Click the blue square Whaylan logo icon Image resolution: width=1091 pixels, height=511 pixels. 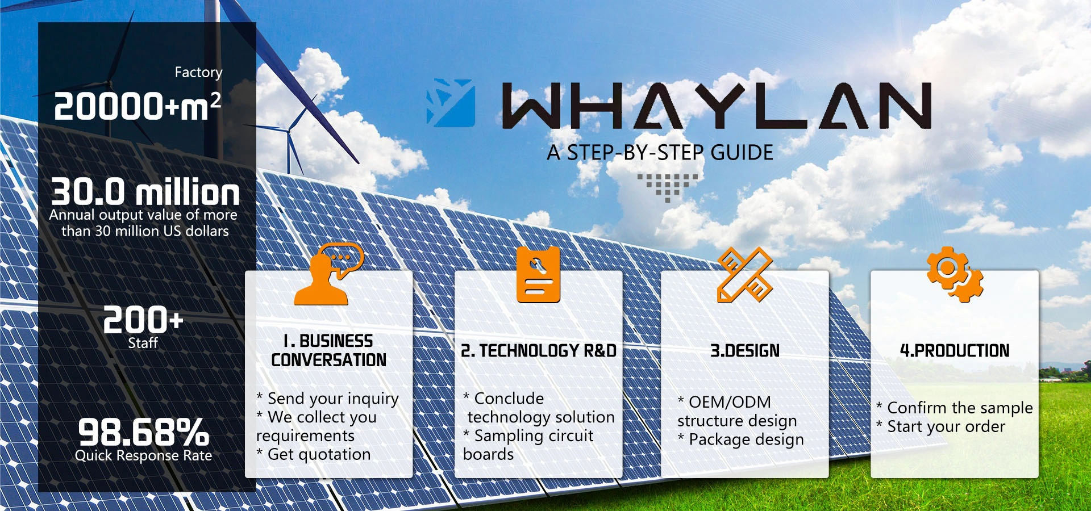[x=451, y=103]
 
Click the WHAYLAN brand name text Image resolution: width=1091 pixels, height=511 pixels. [x=716, y=106]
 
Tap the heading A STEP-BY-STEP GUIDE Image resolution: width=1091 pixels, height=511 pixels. [x=660, y=153]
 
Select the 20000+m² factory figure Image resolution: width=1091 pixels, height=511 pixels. [x=137, y=106]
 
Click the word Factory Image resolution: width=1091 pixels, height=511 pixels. [x=198, y=73]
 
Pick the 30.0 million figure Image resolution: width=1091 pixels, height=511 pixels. [x=145, y=192]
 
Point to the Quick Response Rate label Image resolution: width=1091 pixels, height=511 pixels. [x=143, y=455]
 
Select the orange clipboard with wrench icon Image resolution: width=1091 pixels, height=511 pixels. [x=538, y=275]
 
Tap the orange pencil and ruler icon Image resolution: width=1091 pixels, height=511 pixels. [x=744, y=275]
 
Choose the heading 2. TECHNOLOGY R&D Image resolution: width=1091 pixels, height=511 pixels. [x=539, y=351]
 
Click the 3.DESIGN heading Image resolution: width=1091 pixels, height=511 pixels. [x=745, y=351]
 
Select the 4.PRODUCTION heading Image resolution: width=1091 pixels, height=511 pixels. [x=955, y=351]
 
